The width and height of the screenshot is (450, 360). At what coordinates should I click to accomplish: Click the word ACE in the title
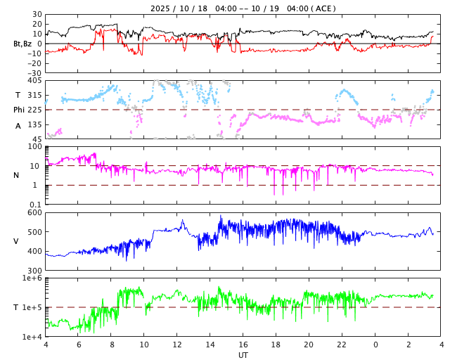pos(324,8)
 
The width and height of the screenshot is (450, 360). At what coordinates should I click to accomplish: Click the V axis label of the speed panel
pos(16,241)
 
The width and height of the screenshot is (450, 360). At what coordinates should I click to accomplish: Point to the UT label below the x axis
pos(243,355)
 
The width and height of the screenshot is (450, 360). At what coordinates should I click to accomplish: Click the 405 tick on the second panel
pos(34,80)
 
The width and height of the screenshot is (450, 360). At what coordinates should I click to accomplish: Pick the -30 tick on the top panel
pos(33,72)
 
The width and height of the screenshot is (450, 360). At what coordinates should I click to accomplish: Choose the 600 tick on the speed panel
pos(34,212)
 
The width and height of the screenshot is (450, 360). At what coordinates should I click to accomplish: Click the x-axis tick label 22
pos(342,345)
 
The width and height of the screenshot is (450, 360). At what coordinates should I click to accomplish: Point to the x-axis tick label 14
pos(210,345)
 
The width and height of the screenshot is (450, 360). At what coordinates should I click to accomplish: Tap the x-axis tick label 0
pos(375,345)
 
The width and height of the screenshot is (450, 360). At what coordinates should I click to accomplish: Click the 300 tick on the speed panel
pos(34,271)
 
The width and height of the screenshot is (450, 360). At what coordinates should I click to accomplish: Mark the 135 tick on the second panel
pos(34,124)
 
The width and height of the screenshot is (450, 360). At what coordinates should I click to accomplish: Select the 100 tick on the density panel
pos(34,146)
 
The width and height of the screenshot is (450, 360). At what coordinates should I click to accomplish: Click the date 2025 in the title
pos(161,8)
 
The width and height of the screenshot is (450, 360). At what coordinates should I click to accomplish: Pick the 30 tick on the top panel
pos(36,14)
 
